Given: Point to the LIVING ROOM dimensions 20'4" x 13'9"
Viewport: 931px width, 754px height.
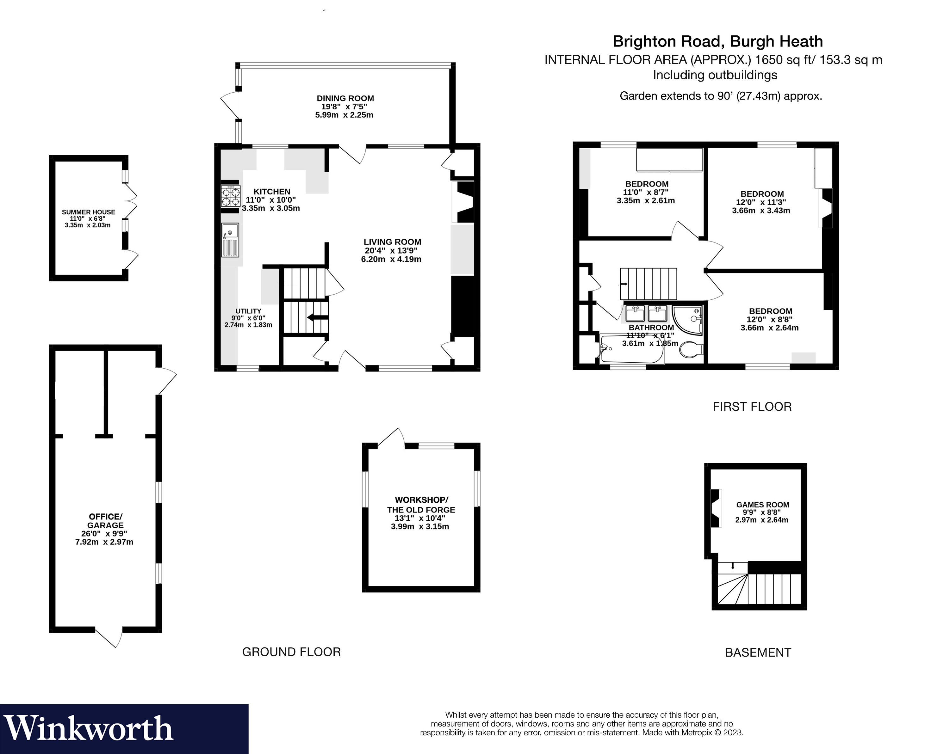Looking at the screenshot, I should coord(391,251).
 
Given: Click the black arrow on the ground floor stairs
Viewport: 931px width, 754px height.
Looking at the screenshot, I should coord(318,317).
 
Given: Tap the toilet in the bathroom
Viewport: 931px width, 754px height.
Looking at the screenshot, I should coord(692,350).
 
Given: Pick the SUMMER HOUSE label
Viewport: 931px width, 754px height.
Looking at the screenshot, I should coord(89,212).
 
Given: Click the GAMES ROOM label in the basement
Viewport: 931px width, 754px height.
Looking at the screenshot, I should coord(763,505).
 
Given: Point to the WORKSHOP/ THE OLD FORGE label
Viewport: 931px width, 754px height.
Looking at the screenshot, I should coord(421,505).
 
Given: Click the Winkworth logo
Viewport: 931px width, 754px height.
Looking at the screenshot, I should coord(89,729).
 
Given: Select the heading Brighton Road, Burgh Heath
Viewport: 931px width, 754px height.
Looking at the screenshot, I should coord(717,42).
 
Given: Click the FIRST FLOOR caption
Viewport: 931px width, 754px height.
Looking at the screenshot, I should coord(752,407).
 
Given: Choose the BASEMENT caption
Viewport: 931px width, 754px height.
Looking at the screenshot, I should coord(758,653).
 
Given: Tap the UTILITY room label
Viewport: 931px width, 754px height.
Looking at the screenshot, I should coord(248,311).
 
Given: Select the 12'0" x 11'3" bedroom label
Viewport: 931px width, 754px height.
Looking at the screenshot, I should coord(762,194).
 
